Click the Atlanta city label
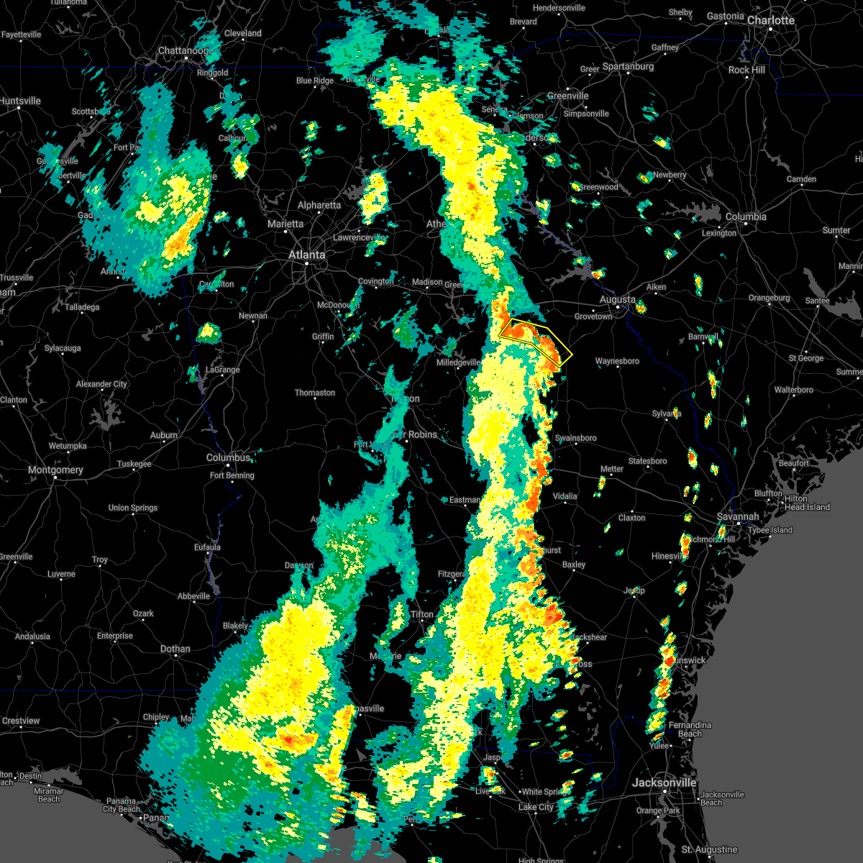pos(306,255)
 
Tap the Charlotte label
pos(770,20)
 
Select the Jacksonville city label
pos(664,782)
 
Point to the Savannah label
pos(738,517)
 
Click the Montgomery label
pos(55,470)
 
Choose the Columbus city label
pos(228,457)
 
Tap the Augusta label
pos(618,299)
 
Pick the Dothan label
pos(175,649)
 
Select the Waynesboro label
pos(617,361)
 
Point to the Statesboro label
pos(647,461)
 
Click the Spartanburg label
pos(628,66)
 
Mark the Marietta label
pos(285,224)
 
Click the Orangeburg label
pos(769,298)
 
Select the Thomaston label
pos(314,393)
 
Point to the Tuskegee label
pos(134,464)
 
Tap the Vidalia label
pos(565,496)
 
